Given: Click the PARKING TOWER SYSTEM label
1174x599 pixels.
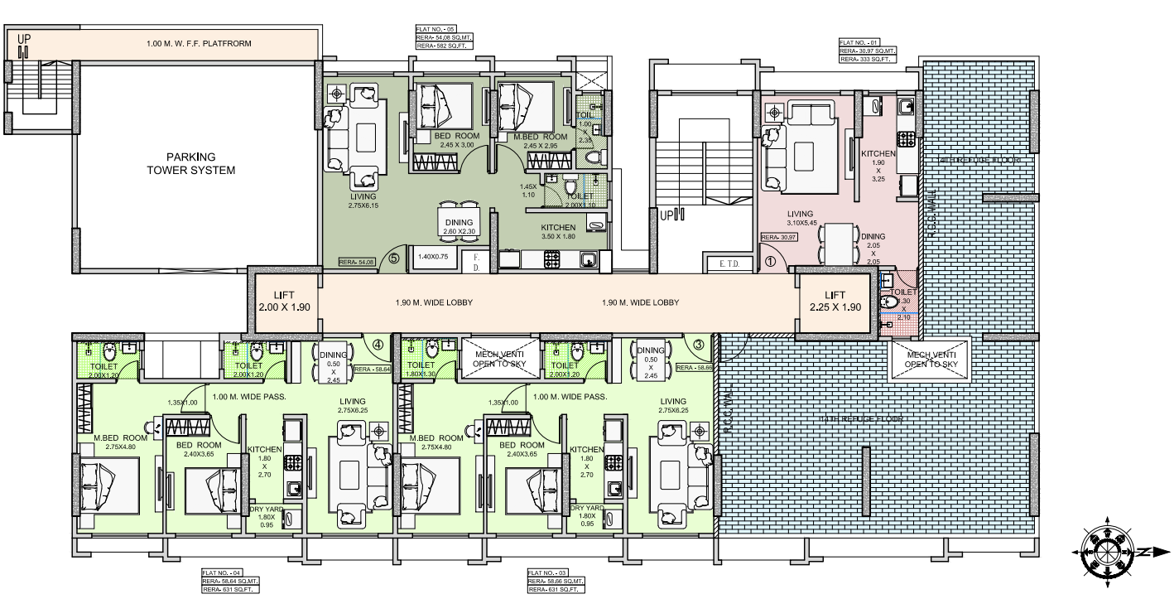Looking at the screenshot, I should (190, 163).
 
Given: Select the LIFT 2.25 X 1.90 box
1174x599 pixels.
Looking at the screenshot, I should (835, 302).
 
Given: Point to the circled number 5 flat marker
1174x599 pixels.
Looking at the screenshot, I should (394, 258).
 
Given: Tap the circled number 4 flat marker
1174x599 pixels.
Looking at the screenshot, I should (378, 345).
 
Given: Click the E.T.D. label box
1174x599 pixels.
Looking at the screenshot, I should (729, 264).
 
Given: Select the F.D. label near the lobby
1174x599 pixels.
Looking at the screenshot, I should (477, 263).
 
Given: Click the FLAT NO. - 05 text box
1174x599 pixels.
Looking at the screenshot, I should (438, 37).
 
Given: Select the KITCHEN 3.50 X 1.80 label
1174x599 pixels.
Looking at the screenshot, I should (558, 231).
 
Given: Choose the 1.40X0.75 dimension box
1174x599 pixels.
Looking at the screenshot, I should (433, 257).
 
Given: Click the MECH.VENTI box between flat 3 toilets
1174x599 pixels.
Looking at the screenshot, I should (500, 359).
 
